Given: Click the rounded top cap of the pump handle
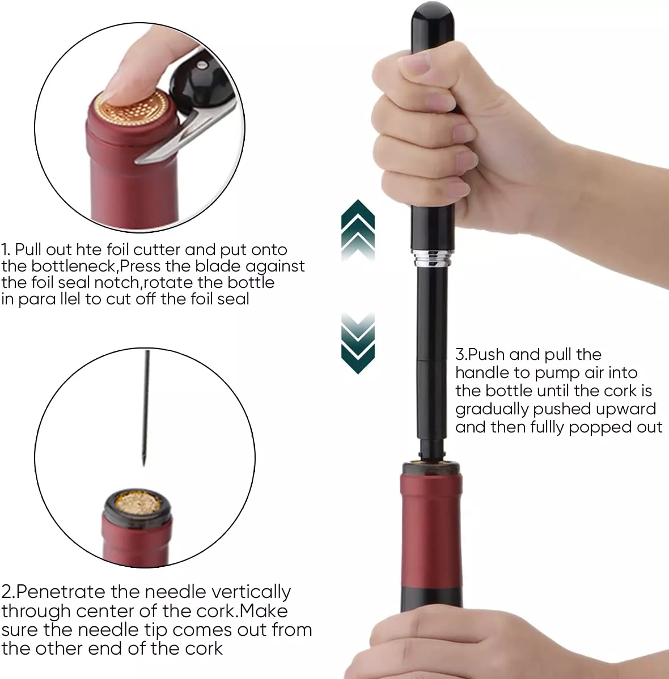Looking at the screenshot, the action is point(432,26).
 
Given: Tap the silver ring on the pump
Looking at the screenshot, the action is point(432,258).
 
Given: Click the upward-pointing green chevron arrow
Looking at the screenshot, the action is point(358,230).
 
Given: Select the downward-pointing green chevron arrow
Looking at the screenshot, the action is point(358,343).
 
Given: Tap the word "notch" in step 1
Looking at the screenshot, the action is point(116,282).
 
